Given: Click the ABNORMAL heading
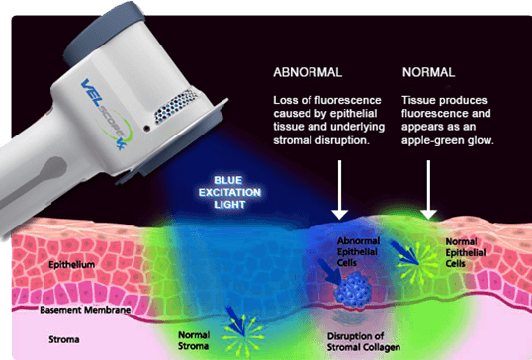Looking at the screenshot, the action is click(310, 73).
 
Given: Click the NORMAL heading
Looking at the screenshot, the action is click(428, 73).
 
